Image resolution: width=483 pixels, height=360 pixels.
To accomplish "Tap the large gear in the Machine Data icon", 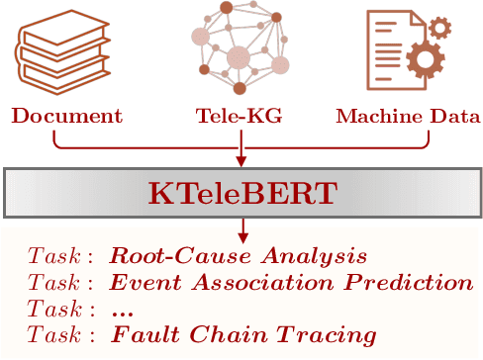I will click(425, 62).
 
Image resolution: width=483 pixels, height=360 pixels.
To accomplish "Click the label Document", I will click(66, 116).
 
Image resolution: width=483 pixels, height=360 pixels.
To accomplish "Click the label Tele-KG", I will click(241, 116).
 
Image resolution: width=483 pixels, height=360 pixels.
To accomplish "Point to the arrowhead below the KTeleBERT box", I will click(241, 236).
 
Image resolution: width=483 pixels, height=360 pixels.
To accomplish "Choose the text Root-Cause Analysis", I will click(238, 255).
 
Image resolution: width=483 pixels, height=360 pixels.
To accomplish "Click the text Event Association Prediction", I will click(291, 282).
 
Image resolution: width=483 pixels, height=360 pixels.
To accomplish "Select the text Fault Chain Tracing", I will click(243, 335).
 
